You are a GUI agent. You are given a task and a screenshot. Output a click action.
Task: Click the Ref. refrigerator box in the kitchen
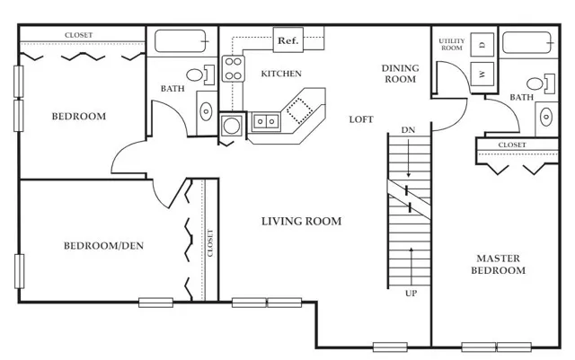pyautogui.click(x=288, y=40)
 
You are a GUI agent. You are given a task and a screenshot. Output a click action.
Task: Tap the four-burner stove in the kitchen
pyautogui.click(x=234, y=68)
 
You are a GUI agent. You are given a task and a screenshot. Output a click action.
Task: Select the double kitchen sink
pyautogui.click(x=266, y=121)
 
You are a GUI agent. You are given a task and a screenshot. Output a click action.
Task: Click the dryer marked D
pyautogui.click(x=482, y=44)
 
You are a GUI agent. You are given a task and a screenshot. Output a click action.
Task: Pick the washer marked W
pyautogui.click(x=482, y=74)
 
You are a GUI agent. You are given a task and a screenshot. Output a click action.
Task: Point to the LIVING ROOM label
pyautogui.click(x=302, y=222)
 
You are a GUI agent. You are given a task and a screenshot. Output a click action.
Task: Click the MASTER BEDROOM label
pyautogui.click(x=498, y=264)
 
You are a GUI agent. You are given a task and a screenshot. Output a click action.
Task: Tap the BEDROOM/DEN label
pyautogui.click(x=104, y=246)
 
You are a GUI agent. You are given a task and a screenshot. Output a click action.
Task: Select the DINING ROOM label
pyautogui.click(x=400, y=74)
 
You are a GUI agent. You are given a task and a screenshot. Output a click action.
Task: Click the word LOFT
pyautogui.click(x=361, y=119)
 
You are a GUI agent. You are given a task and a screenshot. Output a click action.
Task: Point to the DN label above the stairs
pyautogui.click(x=408, y=130)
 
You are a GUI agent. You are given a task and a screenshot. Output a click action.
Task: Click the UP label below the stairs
pyautogui.click(x=411, y=294)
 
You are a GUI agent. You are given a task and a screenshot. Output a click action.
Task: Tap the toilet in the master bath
pyautogui.click(x=541, y=83)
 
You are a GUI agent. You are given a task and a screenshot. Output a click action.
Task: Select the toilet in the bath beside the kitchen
pyautogui.click(x=200, y=75)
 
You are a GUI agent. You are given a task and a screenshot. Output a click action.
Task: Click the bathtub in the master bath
pyautogui.click(x=527, y=42)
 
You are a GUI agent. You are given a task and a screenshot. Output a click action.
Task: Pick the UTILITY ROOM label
pyautogui.click(x=452, y=44)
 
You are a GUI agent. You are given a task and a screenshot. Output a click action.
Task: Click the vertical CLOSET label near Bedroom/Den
pyautogui.click(x=210, y=243)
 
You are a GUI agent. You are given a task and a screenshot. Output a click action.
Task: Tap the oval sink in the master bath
pyautogui.click(x=546, y=118)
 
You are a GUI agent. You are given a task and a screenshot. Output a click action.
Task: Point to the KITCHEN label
pyautogui.click(x=281, y=74)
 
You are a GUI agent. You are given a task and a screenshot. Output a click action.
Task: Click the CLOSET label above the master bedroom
pyautogui.click(x=512, y=145)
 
